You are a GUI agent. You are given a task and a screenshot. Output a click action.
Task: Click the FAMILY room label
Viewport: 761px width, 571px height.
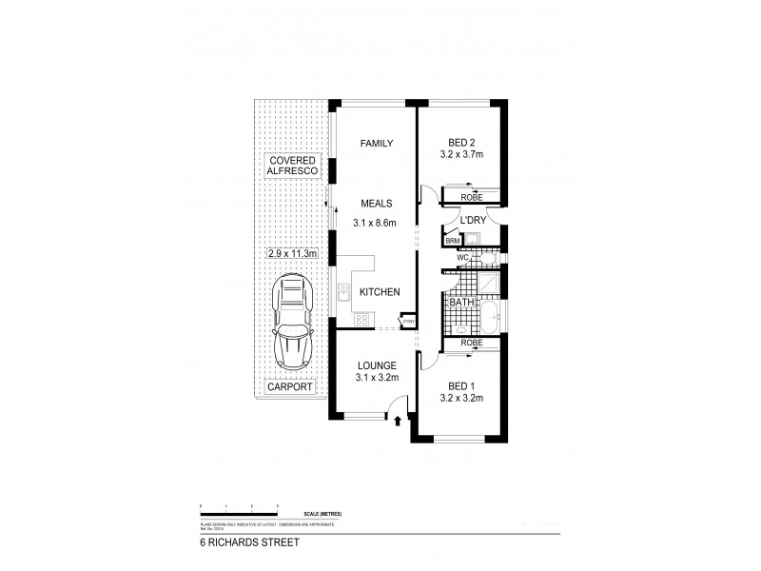pyautogui.click(x=377, y=144)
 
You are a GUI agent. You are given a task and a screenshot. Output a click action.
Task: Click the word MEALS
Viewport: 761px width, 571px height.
pyautogui.click(x=377, y=203)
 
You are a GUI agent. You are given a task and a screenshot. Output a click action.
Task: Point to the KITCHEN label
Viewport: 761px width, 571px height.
pyautogui.click(x=379, y=292)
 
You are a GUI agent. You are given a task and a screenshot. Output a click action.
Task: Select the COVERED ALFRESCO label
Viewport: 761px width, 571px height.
pyautogui.click(x=292, y=167)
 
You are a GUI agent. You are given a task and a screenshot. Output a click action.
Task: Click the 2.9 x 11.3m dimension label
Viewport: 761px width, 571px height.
pyautogui.click(x=293, y=255)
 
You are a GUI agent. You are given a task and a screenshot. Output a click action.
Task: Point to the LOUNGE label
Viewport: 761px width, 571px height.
pyautogui.click(x=377, y=364)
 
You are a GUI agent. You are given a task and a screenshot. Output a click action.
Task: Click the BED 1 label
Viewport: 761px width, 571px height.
pyautogui.click(x=462, y=384)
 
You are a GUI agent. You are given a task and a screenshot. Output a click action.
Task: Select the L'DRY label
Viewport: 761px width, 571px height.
pyautogui.click(x=473, y=220)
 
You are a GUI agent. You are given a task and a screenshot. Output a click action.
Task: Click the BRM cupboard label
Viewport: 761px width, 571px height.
pyautogui.click(x=452, y=242)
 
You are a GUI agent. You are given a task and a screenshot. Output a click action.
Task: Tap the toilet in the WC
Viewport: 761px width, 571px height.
pyautogui.click(x=487, y=258)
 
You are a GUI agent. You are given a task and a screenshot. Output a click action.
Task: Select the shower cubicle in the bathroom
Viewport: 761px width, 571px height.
pyautogui.click(x=488, y=282)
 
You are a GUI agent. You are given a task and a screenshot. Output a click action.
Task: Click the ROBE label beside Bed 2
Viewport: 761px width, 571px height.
pyautogui.click(x=472, y=197)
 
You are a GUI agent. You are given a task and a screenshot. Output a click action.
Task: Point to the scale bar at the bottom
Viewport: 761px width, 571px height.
pyautogui.click(x=238, y=506)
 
